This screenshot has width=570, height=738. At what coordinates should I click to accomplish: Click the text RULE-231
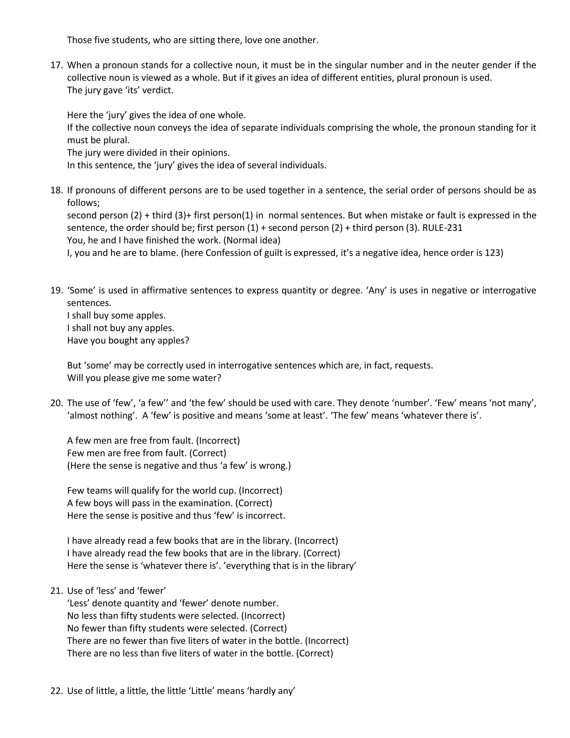[x=442, y=228]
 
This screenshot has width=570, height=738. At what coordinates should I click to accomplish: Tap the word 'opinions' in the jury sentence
[x=212, y=153]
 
